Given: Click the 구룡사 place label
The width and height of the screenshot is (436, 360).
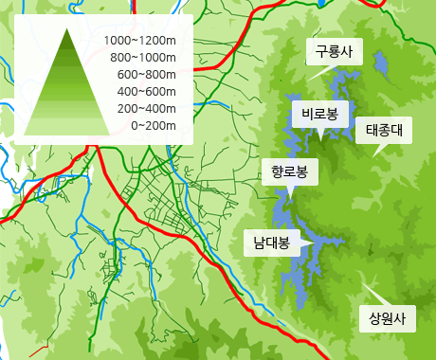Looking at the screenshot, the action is (333, 52).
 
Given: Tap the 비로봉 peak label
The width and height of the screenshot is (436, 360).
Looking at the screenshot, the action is (320, 114).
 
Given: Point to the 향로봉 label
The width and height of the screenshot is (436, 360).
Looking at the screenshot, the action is (289, 171).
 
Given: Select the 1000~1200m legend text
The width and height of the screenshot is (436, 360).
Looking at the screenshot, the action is (140, 41).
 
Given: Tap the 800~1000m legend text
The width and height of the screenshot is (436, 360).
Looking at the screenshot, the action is (143, 58).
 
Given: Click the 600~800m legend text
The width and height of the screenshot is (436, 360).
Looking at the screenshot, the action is (147, 75).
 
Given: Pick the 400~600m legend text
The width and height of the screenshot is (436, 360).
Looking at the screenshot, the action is (147, 91).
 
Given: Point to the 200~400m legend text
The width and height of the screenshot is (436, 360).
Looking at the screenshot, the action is (147, 108).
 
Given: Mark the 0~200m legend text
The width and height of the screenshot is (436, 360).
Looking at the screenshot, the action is (153, 125).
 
